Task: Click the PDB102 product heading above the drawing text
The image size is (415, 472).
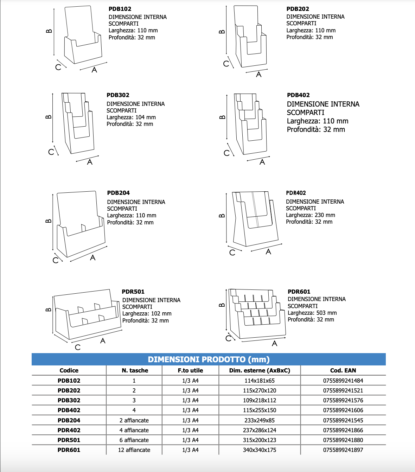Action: pyautogui.click(x=120, y=9)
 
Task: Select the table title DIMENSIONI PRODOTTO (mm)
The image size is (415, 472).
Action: pyautogui.click(x=209, y=359)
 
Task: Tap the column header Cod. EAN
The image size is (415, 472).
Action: pyautogui.click(x=343, y=370)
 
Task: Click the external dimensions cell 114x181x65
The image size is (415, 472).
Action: pyautogui.click(x=260, y=381)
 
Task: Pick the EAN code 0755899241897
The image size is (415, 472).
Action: pyautogui.click(x=343, y=450)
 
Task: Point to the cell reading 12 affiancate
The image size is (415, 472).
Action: pyautogui.click(x=134, y=450)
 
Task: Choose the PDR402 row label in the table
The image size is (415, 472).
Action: pyautogui.click(x=69, y=430)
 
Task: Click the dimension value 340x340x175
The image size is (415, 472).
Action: pyautogui.click(x=260, y=450)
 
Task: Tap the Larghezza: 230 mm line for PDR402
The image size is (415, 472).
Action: pyautogui.click(x=310, y=215)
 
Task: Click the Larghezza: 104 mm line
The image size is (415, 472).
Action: pyautogui.click(x=131, y=117)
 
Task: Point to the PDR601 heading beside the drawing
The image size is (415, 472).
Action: pyautogui.click(x=299, y=292)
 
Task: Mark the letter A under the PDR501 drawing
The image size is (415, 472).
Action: pyautogui.click(x=103, y=341)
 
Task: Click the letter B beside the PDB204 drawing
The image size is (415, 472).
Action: pyautogui.click(x=49, y=221)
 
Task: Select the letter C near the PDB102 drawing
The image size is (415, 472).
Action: pyautogui.click(x=58, y=67)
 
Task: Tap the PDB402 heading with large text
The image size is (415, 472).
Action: pyautogui.click(x=298, y=95)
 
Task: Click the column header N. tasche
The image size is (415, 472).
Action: pyautogui.click(x=135, y=370)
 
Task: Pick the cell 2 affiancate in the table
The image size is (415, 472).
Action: pyautogui.click(x=134, y=420)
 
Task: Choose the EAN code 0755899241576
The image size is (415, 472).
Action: pyautogui.click(x=343, y=400)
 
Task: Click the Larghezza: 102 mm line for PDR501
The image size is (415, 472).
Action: pyautogui.click(x=147, y=313)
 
